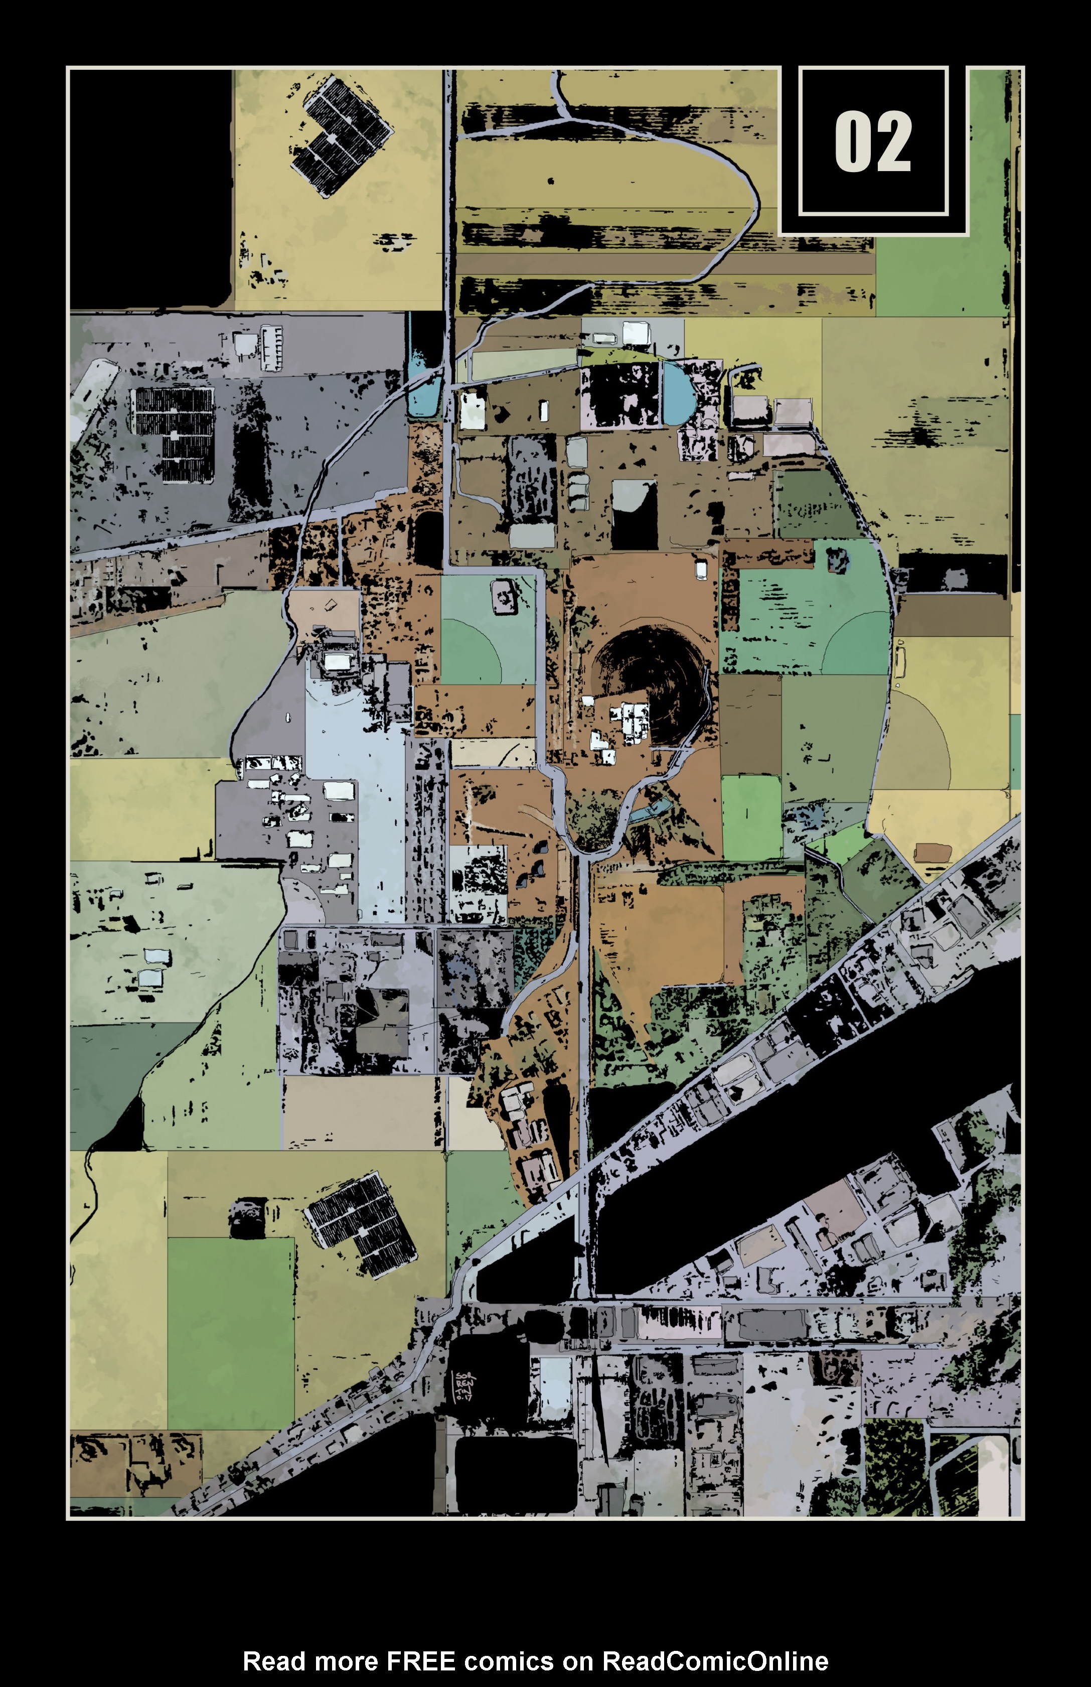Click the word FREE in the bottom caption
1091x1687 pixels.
click(419, 1661)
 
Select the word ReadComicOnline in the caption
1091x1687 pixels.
click(715, 1661)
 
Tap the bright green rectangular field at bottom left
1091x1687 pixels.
click(230, 1332)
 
